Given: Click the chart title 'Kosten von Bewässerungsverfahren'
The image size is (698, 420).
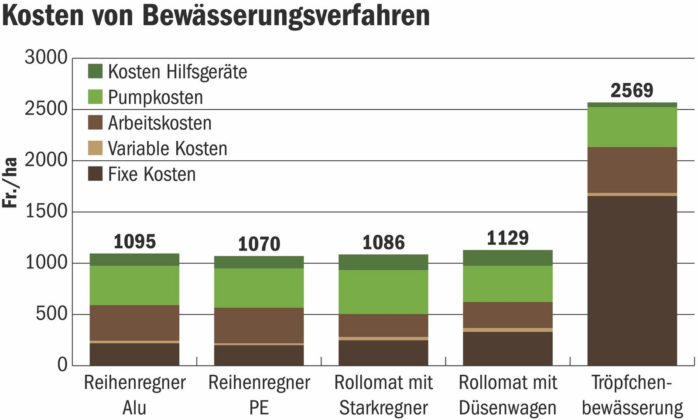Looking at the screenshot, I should [216, 16].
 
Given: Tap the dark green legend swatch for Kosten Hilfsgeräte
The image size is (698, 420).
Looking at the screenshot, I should [95, 71].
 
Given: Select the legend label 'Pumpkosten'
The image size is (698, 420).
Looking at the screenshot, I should [155, 97].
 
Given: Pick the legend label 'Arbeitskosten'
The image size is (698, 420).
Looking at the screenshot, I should [160, 123].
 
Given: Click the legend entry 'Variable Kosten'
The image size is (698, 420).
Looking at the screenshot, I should [168, 149].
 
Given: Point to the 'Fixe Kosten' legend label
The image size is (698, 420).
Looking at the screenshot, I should [152, 174].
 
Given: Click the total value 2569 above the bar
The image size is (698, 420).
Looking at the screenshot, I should [632, 91].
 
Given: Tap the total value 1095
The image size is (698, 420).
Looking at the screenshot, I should [134, 241].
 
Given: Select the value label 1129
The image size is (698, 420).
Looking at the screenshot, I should [507, 238].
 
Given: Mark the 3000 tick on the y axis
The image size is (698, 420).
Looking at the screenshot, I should [46, 58].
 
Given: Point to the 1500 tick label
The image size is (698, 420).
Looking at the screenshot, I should [46, 212].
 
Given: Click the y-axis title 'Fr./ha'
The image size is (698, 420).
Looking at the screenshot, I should [10, 183].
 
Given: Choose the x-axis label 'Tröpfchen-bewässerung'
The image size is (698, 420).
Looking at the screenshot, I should [632, 395].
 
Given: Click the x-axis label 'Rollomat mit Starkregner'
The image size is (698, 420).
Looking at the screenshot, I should [383, 395].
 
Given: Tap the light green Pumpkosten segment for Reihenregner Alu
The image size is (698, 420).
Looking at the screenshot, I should [134, 285].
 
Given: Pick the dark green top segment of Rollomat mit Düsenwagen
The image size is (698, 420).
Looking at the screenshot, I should [507, 258].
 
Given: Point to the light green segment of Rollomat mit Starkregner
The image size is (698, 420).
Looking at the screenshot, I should [383, 292].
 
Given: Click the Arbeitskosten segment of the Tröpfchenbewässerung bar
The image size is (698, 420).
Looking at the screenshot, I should [632, 170].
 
